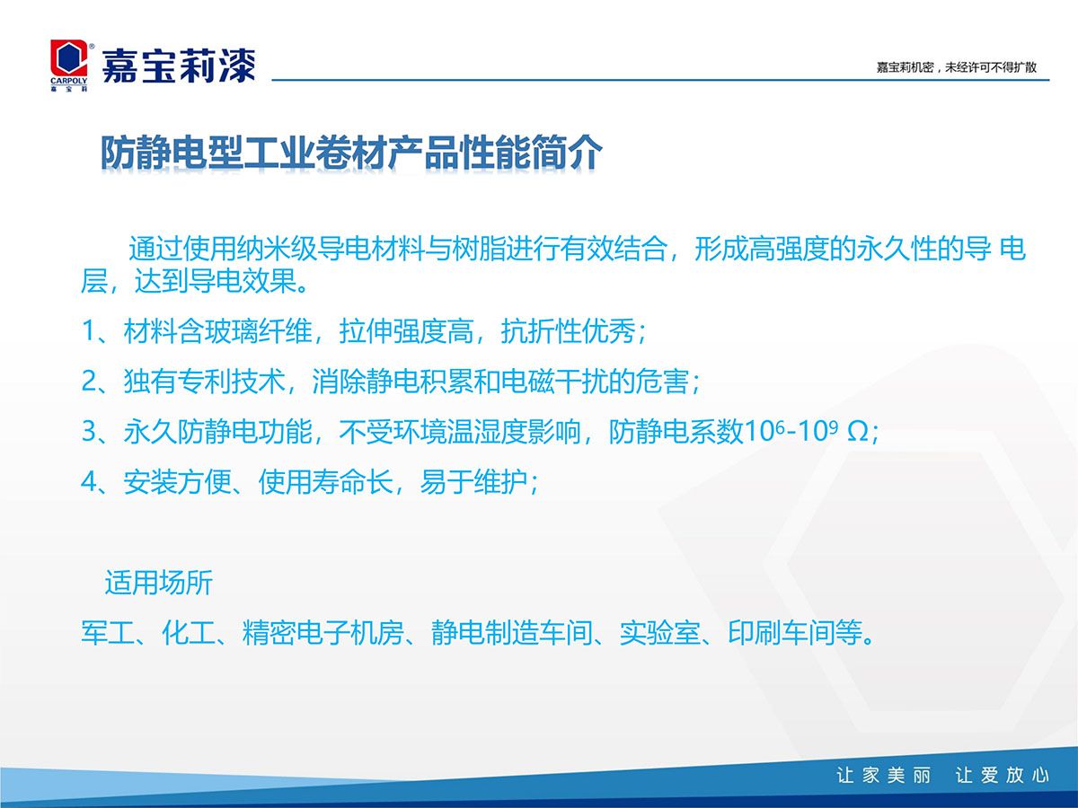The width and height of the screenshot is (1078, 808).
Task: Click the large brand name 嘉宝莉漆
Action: click(x=179, y=66)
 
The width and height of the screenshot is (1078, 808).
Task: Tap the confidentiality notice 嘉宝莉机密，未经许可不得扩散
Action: click(x=956, y=67)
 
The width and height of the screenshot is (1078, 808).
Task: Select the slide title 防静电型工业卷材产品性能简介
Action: click(x=351, y=152)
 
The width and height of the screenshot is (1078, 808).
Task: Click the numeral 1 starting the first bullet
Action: click(x=89, y=330)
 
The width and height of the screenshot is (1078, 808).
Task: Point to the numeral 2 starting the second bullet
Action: click(x=89, y=382)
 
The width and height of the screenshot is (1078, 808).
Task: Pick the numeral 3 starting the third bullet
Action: click(x=89, y=432)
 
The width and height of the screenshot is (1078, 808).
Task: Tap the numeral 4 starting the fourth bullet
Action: click(x=89, y=482)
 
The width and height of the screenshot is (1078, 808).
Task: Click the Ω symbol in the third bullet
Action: click(x=858, y=433)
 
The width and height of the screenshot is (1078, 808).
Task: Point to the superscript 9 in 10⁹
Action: click(x=833, y=426)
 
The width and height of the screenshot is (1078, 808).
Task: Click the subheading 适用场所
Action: click(x=159, y=583)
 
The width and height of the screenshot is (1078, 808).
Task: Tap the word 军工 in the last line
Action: click(x=108, y=633)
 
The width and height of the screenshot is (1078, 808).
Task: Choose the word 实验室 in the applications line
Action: click(x=659, y=633)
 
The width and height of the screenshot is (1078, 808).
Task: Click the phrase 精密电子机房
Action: click(x=323, y=633)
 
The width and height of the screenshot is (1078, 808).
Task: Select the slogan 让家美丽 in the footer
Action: click(x=884, y=776)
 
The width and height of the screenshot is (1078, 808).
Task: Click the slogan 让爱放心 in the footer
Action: click(x=1002, y=776)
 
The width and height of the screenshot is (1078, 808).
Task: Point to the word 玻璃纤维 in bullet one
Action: click(x=259, y=330)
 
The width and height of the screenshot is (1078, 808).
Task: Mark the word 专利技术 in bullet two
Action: click(x=231, y=382)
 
